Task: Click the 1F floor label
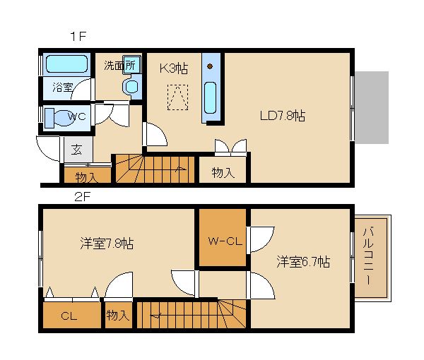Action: point(78,36)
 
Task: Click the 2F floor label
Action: point(82,197)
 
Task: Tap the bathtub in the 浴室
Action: point(66,64)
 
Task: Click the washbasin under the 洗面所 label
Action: point(131,87)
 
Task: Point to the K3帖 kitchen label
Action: point(174,68)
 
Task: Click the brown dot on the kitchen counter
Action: point(210,66)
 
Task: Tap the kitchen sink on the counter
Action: point(210,97)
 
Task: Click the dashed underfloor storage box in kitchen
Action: point(177,97)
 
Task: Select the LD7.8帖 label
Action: point(283,116)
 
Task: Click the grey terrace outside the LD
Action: point(372,107)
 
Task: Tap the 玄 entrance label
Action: point(76,150)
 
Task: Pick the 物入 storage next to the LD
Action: point(223,172)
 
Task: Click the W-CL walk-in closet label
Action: point(225,241)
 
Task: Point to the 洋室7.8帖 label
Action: point(107,244)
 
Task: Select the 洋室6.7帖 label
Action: point(303,261)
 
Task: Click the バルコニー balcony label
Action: point(368,256)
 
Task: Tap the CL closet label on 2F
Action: point(69,316)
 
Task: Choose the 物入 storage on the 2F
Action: point(118,315)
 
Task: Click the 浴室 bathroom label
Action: point(63,87)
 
